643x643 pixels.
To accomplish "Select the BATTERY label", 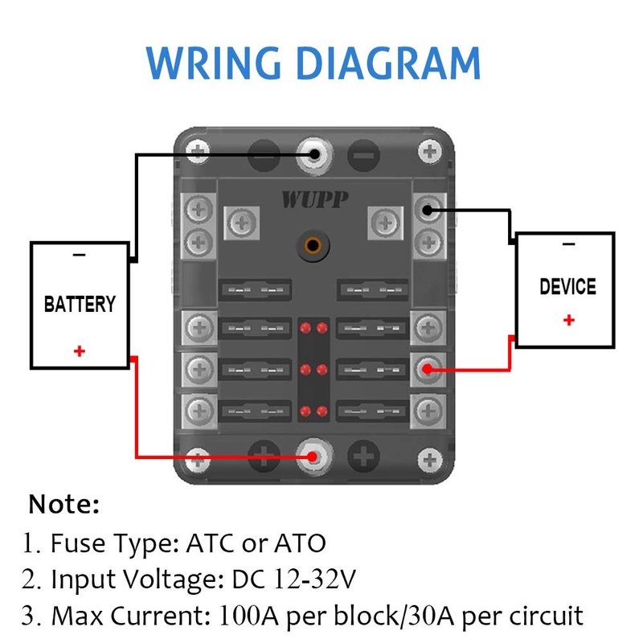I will click(x=80, y=305).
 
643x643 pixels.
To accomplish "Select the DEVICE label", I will click(x=567, y=286).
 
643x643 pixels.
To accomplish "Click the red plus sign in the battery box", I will click(x=79, y=351).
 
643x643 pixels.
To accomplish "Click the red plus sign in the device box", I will click(x=569, y=320).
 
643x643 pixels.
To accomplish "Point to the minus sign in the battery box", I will click(x=79, y=255).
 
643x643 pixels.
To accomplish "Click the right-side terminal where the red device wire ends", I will click(x=428, y=369).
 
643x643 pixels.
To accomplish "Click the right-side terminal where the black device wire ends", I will click(x=428, y=212).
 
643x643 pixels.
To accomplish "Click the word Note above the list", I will click(x=64, y=505).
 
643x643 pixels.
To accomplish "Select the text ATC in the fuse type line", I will click(x=207, y=544).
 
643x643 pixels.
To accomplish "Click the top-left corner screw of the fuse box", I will click(x=195, y=150).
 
